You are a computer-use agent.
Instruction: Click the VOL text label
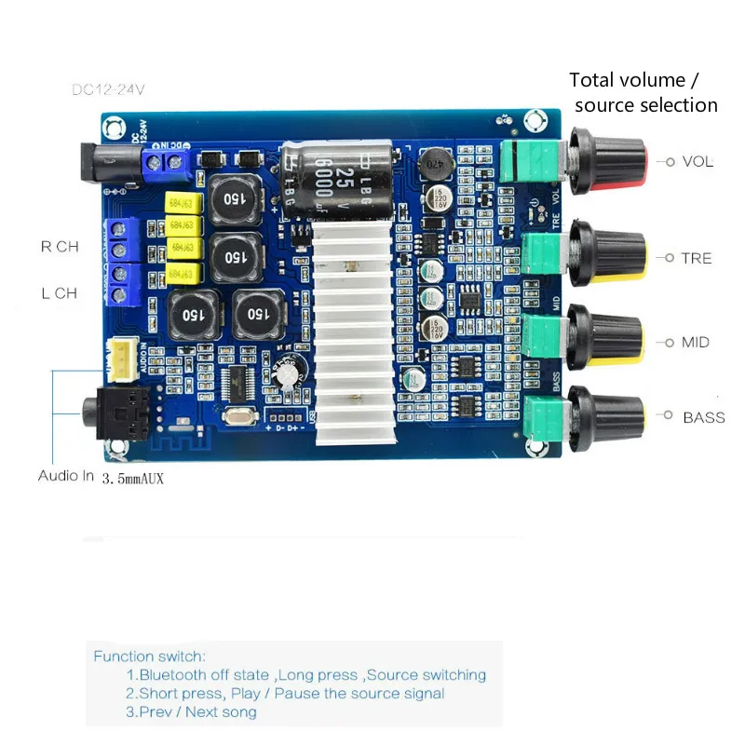[x=698, y=161]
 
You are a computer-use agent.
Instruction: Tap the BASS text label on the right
[x=703, y=417]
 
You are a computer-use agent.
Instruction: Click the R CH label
[x=61, y=247]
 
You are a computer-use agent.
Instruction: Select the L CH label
[x=60, y=292]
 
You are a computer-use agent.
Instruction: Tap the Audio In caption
[x=66, y=475]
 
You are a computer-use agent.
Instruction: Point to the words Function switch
[x=149, y=657]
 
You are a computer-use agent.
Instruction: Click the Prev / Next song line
[x=192, y=712]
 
